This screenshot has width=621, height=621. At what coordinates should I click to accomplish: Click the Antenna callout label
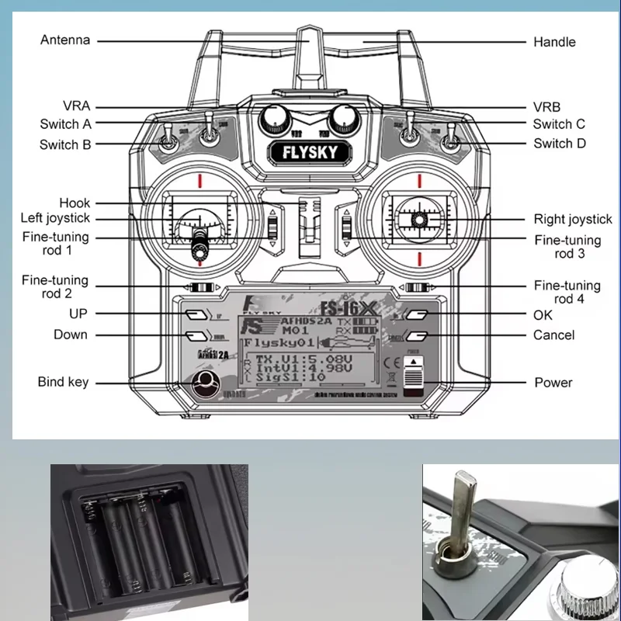click(x=65, y=40)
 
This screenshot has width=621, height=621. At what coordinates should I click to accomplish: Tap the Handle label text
click(x=554, y=41)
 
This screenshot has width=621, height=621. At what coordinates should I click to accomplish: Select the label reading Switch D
click(x=559, y=144)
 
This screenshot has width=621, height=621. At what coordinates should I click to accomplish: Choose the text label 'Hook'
click(x=75, y=203)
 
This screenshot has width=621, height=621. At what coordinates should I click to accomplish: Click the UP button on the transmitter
click(x=196, y=315)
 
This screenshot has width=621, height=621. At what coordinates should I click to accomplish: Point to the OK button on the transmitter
click(x=418, y=316)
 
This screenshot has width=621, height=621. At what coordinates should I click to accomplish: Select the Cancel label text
click(x=554, y=335)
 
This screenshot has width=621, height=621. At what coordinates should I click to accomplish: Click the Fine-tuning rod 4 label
click(x=567, y=293)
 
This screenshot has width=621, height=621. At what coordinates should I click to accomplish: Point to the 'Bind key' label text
click(x=64, y=382)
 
